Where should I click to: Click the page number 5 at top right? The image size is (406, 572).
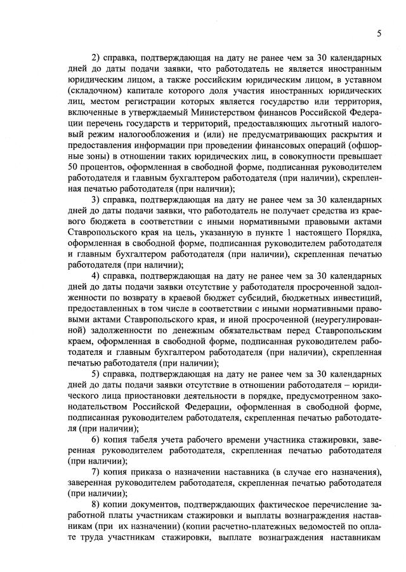click(379, 33)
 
